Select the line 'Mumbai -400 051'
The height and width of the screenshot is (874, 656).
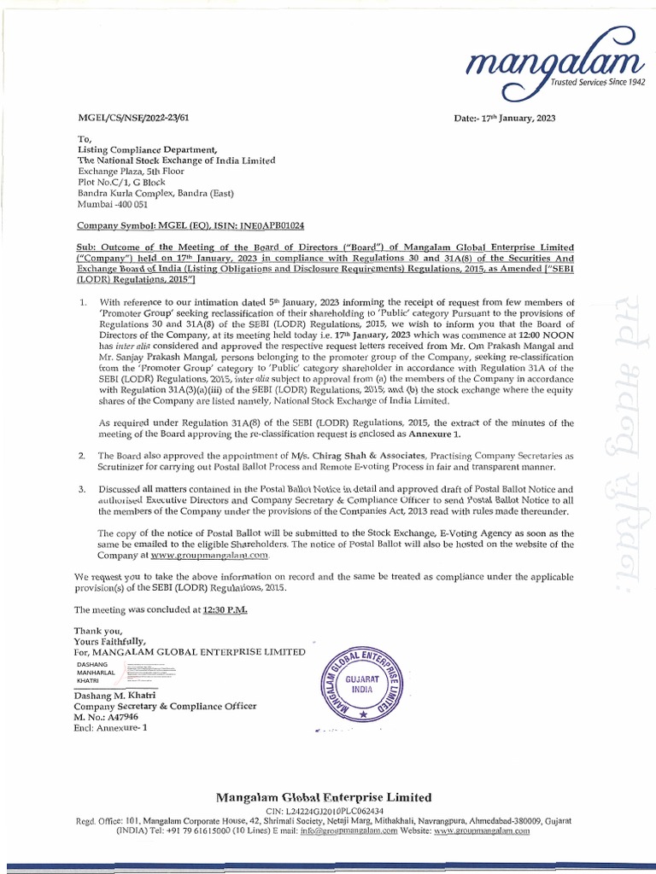(x=113, y=205)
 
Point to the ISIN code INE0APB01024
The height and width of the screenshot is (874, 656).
(x=249, y=226)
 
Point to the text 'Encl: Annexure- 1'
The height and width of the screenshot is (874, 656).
(x=111, y=728)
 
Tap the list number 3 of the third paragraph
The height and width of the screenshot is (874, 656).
(x=81, y=489)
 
